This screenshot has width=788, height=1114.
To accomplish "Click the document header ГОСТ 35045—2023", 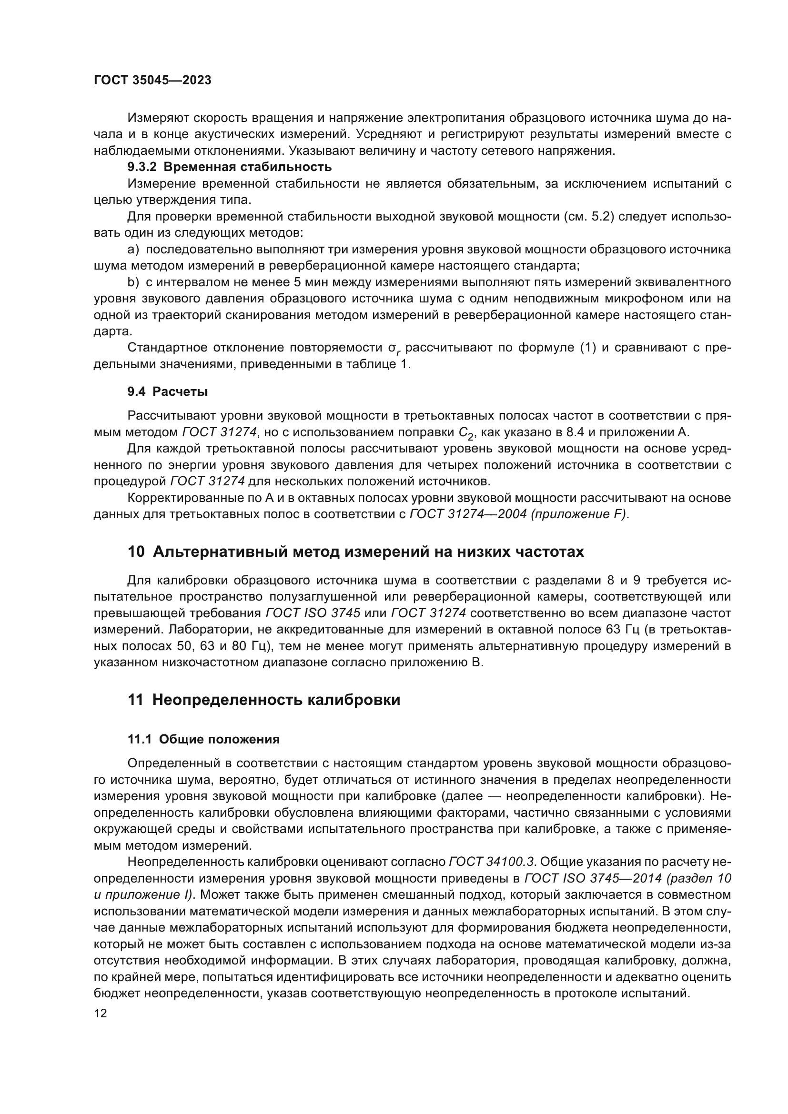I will [152, 80].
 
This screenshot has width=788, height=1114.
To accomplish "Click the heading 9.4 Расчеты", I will [167, 391].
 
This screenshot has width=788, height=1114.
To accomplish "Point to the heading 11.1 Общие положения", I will [203, 740].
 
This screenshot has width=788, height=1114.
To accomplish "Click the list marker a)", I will [133, 250].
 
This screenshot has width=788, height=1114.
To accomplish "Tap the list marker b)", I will [133, 282].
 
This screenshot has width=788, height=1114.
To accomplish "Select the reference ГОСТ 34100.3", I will [492, 862].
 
